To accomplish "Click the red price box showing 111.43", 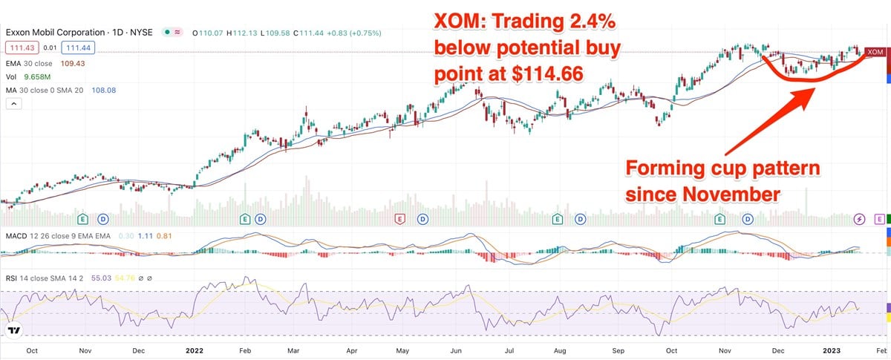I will point(19,46).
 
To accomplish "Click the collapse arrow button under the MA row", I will point(11,105).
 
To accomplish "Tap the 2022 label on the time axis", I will point(194,350).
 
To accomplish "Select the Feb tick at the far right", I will point(880,350).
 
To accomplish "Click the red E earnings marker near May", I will point(400,219).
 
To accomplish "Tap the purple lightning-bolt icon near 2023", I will point(859,219).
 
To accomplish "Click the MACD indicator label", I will point(17,235).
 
